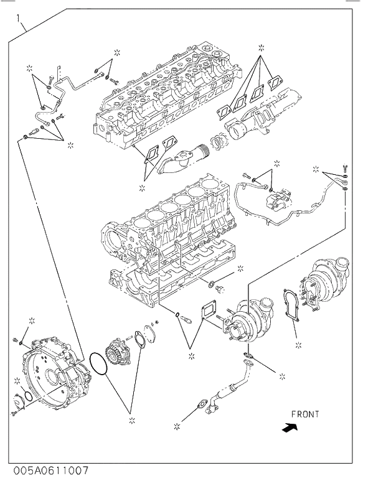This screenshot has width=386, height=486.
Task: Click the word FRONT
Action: pos(304,414)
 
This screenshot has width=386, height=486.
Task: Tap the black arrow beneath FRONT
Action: pos(289,428)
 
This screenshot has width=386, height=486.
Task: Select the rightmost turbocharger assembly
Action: pos(324,283)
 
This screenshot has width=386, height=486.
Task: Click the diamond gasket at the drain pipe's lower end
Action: pos(202,405)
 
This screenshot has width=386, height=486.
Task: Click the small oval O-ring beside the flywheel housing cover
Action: pos(28,397)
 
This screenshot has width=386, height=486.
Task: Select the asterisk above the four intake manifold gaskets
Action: pos(261,47)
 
